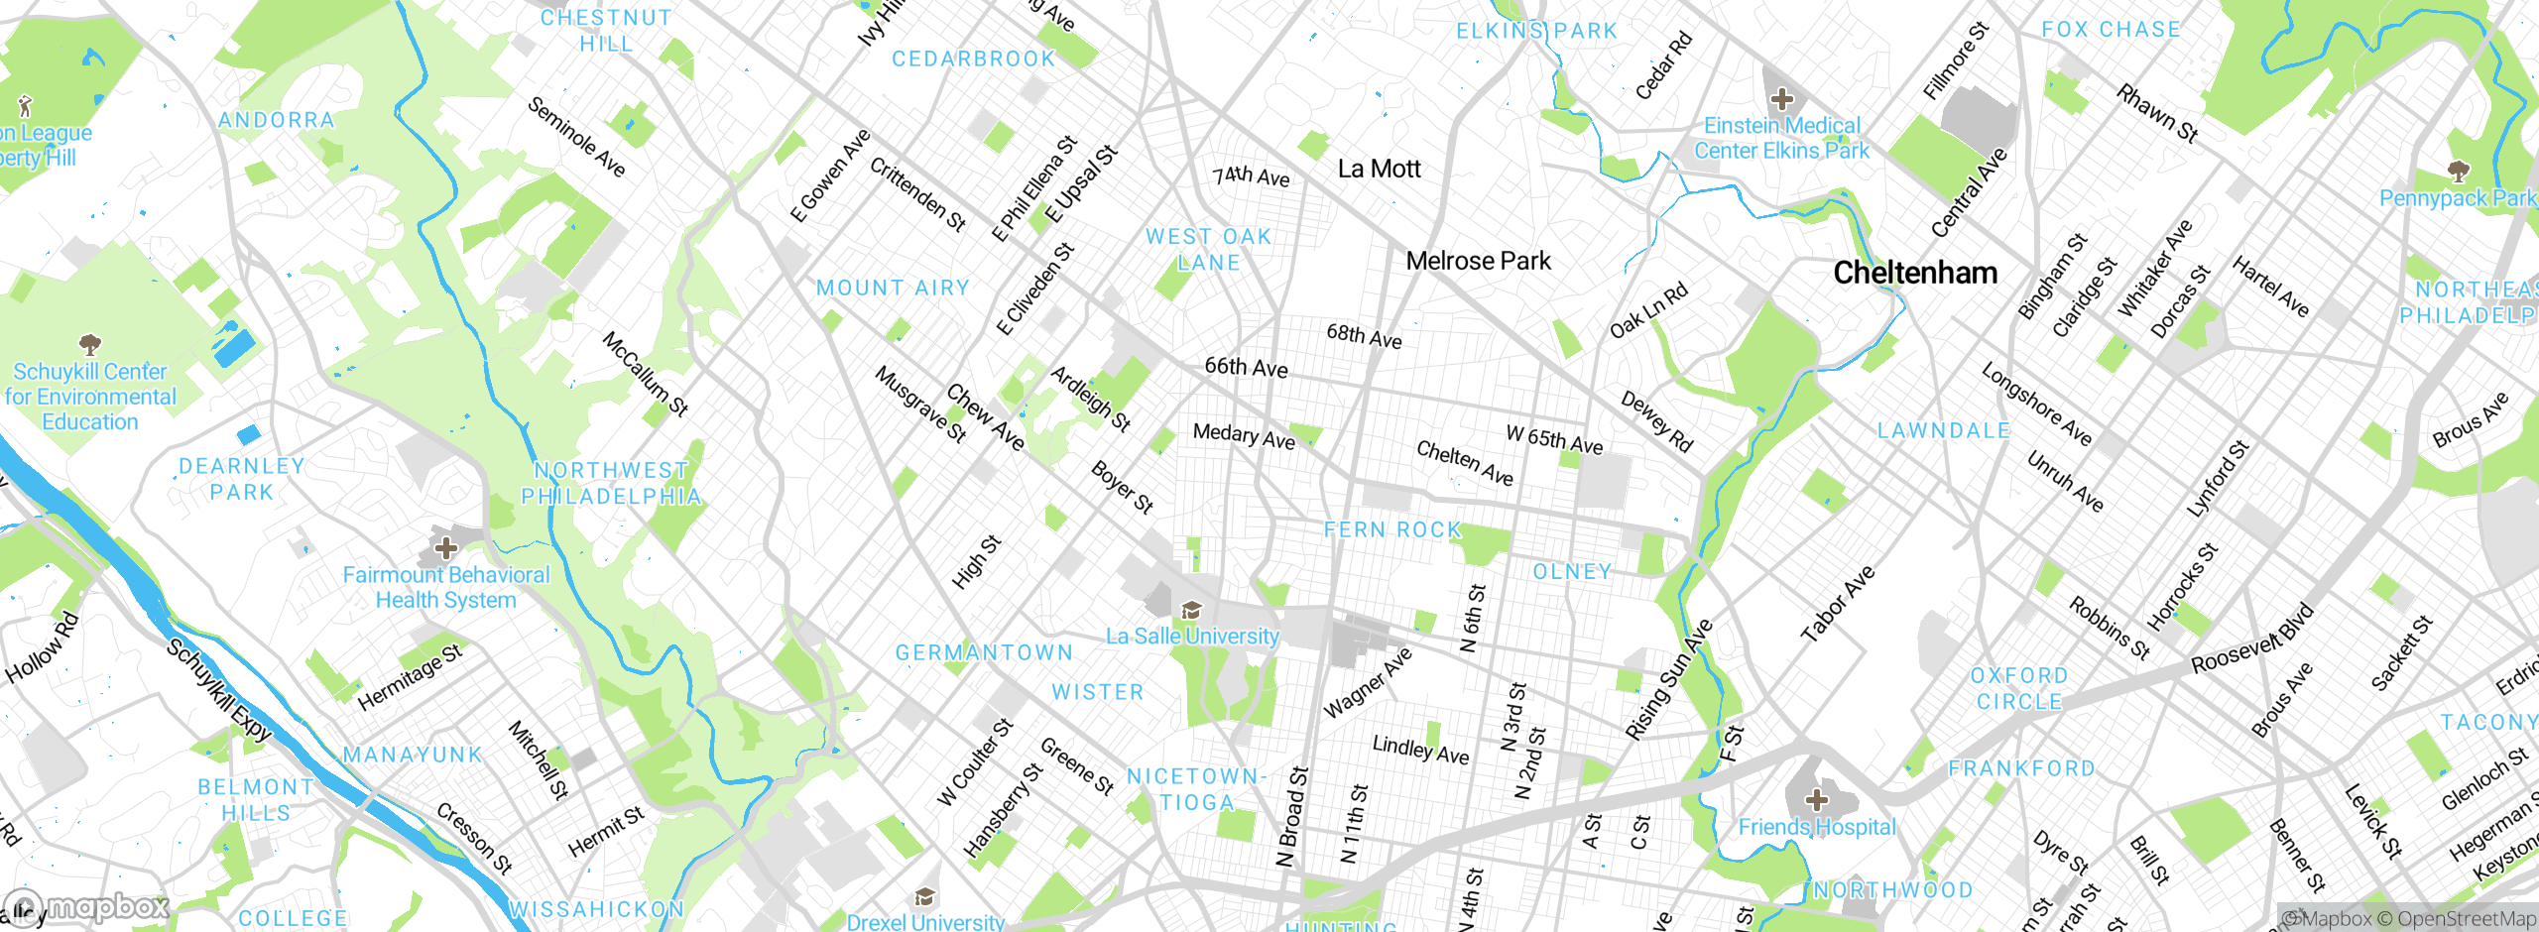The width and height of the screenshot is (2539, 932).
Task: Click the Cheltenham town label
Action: (x=1914, y=273)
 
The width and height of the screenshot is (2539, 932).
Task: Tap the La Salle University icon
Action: (x=1191, y=610)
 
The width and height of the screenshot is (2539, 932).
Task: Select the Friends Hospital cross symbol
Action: (x=1816, y=799)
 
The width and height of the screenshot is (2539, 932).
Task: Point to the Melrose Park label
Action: (x=1478, y=261)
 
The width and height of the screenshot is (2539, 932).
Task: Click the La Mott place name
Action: (x=1379, y=169)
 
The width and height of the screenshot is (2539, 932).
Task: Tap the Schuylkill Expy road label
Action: (x=219, y=691)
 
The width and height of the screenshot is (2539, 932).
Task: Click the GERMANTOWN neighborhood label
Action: (x=984, y=652)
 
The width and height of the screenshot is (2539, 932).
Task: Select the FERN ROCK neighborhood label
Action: (x=1392, y=529)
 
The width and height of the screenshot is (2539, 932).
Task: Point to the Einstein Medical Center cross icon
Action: (x=1782, y=99)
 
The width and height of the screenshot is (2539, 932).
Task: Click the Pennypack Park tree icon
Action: (x=2458, y=172)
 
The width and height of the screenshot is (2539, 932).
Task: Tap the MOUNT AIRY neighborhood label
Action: (x=893, y=288)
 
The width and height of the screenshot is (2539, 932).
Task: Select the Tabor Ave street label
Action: (x=1838, y=604)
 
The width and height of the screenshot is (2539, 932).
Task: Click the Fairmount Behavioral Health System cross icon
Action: (x=446, y=547)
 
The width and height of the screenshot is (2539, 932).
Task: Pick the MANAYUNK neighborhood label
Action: (x=413, y=755)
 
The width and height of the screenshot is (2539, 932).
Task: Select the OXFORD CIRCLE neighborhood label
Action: (x=2019, y=688)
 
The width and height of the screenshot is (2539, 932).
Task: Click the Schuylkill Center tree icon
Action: (x=90, y=345)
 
